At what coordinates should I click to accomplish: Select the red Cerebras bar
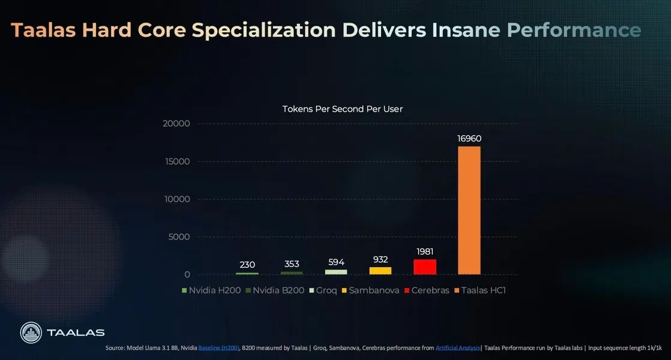point(424,266)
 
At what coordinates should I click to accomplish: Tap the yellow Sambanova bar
point(380,271)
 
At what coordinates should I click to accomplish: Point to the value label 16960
point(469,139)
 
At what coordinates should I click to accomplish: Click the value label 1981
point(424,251)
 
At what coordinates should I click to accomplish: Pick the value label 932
point(380,259)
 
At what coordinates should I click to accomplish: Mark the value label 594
point(335,262)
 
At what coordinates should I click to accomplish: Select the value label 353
point(291,264)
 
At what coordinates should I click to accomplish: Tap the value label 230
point(247,265)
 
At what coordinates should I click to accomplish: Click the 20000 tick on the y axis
point(176,124)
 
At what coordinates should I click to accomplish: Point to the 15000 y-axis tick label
point(176,161)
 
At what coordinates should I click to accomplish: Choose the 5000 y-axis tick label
point(179,237)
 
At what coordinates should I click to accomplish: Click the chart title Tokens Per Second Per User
point(342,109)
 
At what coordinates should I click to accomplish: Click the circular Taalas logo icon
point(31,333)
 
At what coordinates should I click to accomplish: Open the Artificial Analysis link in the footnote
point(458,348)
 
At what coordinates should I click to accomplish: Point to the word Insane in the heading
point(466,30)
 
